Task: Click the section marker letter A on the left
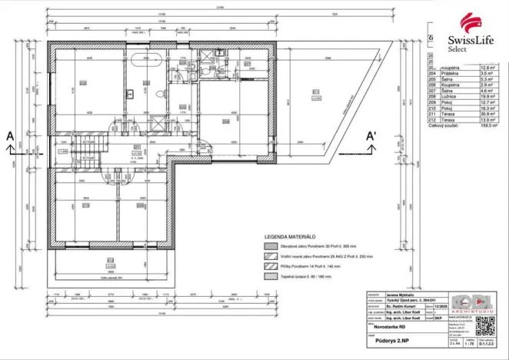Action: (x=10, y=136)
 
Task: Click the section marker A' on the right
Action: (x=371, y=136)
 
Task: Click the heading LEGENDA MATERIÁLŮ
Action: (x=290, y=238)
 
